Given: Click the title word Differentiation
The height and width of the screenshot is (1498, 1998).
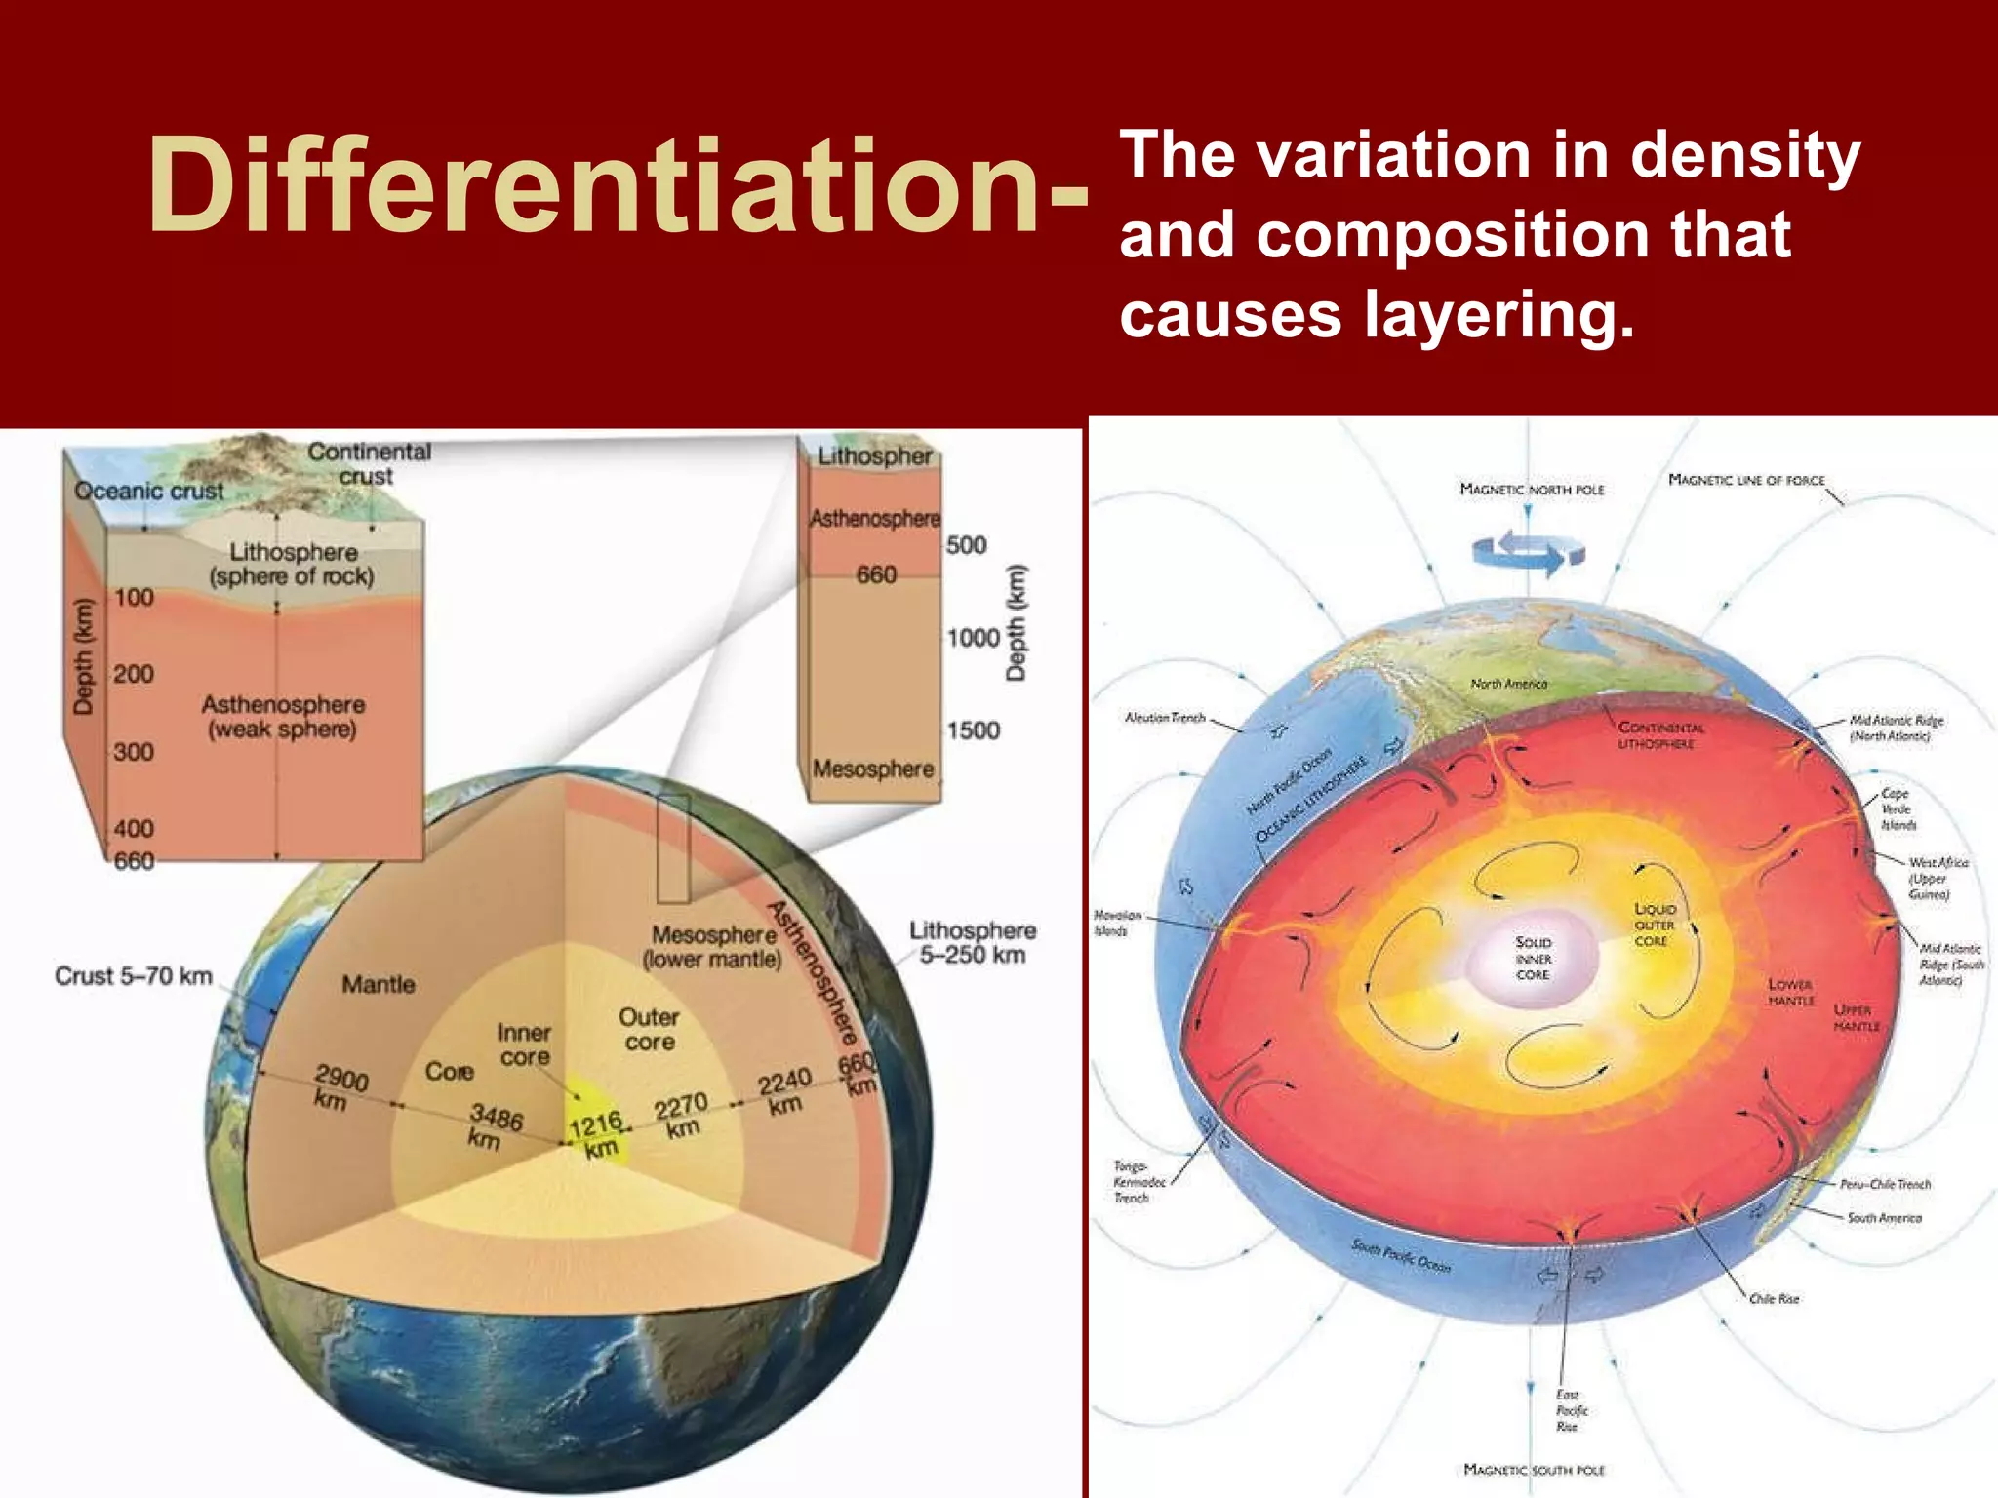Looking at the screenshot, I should click(617, 185).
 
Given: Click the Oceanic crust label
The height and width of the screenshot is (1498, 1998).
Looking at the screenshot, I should click(148, 491).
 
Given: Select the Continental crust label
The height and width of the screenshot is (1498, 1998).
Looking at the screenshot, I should click(368, 464).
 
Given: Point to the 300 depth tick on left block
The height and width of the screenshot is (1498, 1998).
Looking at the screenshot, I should click(134, 752).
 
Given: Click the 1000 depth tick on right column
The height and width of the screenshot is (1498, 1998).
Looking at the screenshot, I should click(973, 638).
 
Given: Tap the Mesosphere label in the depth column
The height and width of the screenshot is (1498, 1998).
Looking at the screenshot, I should click(873, 769).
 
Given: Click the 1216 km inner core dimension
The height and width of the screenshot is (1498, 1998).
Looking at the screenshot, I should click(596, 1136).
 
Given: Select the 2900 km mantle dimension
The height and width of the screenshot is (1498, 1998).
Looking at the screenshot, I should click(338, 1088).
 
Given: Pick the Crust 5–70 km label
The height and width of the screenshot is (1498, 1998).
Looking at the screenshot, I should click(133, 976).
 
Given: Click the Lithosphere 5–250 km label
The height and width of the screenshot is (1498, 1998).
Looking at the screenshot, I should click(973, 942).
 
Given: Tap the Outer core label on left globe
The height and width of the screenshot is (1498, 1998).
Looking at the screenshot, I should click(649, 1029).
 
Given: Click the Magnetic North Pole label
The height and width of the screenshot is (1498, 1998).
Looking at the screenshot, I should click(1532, 490).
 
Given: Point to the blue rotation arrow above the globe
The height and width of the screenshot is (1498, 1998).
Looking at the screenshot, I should click(1528, 553).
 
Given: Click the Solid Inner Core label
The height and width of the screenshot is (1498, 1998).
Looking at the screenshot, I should click(1533, 959).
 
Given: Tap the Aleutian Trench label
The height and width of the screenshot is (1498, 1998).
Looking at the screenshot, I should click(1165, 718).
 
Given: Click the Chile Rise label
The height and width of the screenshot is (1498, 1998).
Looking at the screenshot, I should click(1773, 1299).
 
